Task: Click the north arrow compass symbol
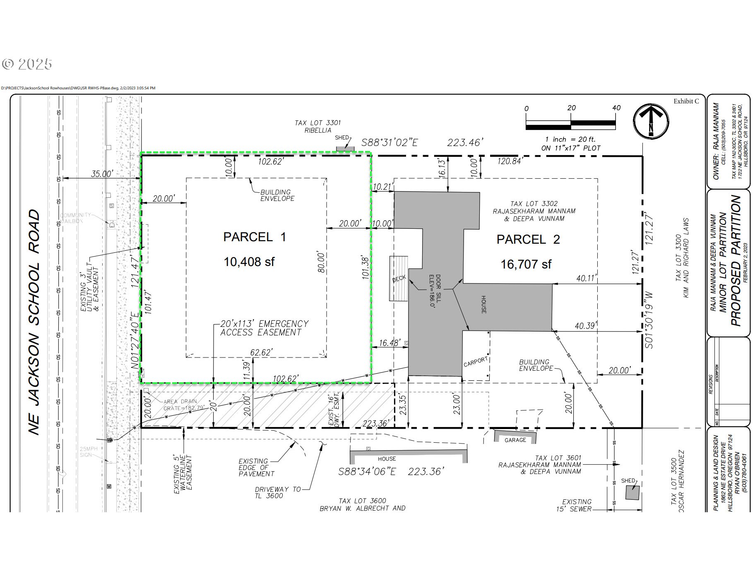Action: tap(651, 121)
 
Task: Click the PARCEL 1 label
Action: tap(254, 237)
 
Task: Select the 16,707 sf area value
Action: tap(526, 264)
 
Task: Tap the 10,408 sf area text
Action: tap(249, 262)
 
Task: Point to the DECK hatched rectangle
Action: tap(398, 278)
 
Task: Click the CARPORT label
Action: tap(475, 362)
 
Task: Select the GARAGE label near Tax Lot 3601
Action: tap(515, 440)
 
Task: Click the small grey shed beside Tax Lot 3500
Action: tap(632, 492)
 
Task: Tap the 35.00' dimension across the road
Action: tap(101, 174)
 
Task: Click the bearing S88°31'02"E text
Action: tap(390, 143)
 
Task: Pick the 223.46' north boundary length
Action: tap(465, 143)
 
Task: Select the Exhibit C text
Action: tap(686, 101)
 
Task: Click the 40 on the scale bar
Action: tap(616, 108)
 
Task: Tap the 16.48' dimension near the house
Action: tap(389, 343)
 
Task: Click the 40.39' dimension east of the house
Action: tap(585, 326)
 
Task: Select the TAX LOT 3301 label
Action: tap(317, 126)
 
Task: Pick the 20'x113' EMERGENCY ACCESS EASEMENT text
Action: tap(264, 328)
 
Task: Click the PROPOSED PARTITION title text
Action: tap(736, 261)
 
